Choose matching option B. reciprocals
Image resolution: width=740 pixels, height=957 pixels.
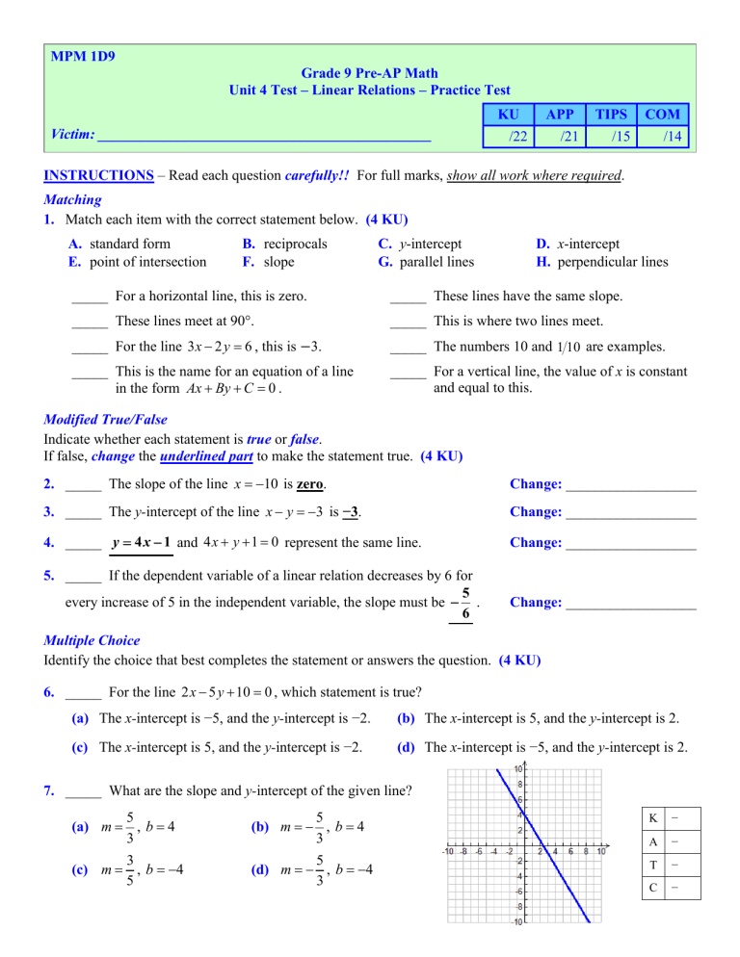pyautogui.click(x=275, y=244)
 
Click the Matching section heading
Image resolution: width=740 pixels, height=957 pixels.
pyautogui.click(x=73, y=201)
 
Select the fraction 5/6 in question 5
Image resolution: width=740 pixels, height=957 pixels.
pyautogui.click(x=464, y=604)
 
